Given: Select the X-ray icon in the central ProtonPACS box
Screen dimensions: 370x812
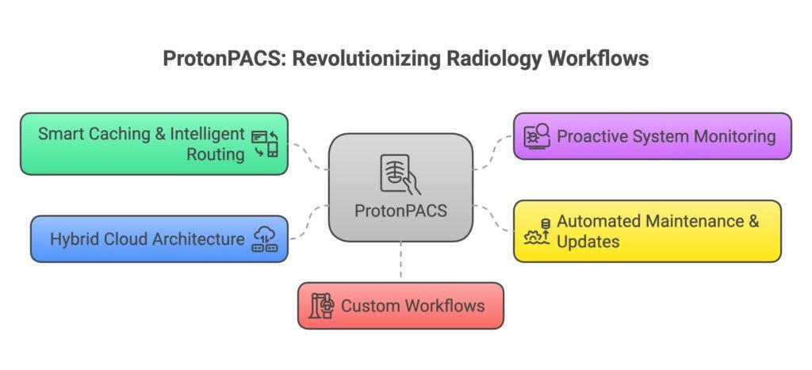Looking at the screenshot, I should (x=400, y=173).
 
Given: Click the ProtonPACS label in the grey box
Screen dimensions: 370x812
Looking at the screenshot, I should (x=400, y=211).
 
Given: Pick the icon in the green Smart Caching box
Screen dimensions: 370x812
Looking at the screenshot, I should (x=265, y=143).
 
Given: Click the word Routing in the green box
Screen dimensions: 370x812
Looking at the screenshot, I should (x=215, y=154).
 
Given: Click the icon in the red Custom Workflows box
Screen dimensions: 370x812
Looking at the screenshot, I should (x=322, y=306).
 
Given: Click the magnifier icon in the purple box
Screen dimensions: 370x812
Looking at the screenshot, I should (x=537, y=135).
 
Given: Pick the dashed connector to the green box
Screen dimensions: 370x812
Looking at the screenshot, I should (x=309, y=156).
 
